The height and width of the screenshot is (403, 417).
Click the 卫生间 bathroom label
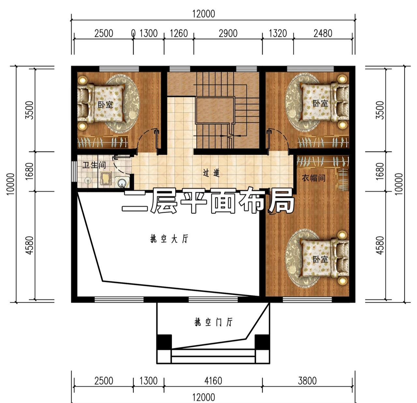94,165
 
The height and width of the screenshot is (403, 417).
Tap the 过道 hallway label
211,172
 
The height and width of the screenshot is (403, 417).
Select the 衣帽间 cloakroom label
313,178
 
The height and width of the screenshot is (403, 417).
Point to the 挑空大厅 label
169,239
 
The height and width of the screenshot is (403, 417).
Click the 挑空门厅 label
213,322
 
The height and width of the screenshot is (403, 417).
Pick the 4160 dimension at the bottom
213,381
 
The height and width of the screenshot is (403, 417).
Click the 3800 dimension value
307,381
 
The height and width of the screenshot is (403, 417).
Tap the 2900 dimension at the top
228,34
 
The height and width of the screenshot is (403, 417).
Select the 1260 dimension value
179,34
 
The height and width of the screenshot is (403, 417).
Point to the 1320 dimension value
278,34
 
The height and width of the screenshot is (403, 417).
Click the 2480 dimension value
323,34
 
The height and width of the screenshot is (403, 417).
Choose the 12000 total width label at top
203,14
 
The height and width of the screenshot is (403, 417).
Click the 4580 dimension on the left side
30,245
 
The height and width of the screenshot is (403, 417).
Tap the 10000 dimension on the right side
399,184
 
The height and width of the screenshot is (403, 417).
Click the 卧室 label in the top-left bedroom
106,105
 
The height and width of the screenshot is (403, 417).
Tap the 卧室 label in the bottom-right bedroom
321,259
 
